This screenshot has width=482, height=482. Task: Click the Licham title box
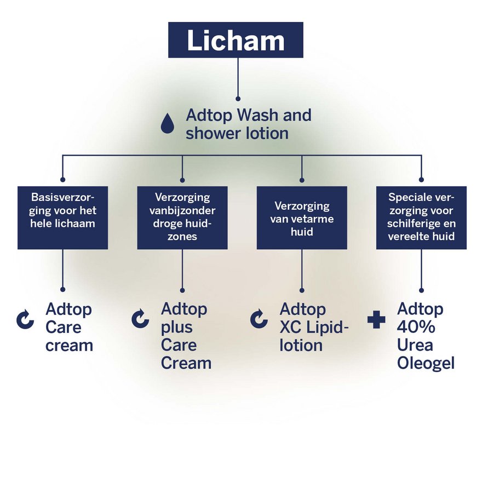(x=236, y=40)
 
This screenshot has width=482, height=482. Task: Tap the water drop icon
(x=167, y=124)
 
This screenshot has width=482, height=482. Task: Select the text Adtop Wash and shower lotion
(x=248, y=124)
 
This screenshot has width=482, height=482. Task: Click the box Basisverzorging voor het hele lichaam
(x=62, y=217)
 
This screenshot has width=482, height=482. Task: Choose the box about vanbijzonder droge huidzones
(x=182, y=217)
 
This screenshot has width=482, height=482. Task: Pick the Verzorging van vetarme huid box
(x=302, y=217)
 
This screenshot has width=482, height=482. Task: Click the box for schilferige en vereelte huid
(x=421, y=217)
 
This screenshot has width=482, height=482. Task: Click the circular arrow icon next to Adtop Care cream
(x=25, y=320)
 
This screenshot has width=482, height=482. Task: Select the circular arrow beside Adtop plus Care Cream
(x=141, y=319)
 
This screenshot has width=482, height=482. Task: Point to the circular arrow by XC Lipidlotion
(x=259, y=319)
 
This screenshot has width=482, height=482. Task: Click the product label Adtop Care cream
(x=69, y=328)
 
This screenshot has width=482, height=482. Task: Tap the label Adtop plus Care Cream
(x=186, y=336)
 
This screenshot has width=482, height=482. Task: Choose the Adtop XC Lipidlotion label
(x=314, y=328)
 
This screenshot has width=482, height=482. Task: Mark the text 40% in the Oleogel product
(x=416, y=327)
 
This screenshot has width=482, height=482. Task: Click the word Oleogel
(x=426, y=363)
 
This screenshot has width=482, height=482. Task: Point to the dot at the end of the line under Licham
(x=238, y=99)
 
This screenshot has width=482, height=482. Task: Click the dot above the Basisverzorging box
(x=62, y=179)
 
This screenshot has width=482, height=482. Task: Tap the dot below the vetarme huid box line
(x=302, y=290)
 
